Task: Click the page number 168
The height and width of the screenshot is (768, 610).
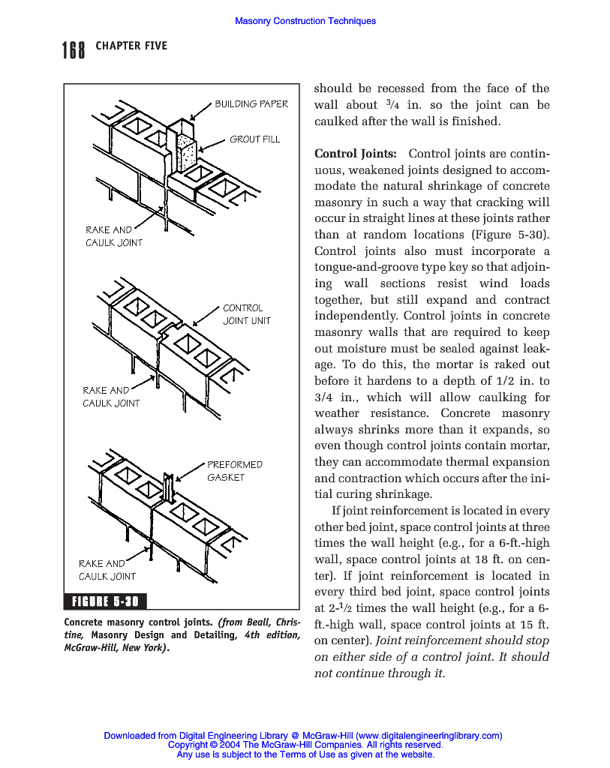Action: (x=74, y=50)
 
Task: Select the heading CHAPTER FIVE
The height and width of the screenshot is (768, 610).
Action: (x=131, y=46)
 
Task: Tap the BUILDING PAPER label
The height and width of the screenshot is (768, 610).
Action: (x=251, y=104)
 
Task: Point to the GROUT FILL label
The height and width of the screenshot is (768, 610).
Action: (x=254, y=139)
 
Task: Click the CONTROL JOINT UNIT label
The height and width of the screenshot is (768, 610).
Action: (x=246, y=314)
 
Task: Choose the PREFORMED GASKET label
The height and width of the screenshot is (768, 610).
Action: (x=234, y=471)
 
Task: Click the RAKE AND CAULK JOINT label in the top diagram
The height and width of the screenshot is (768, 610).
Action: (x=113, y=236)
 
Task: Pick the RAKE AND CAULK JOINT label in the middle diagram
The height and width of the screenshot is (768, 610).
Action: (x=111, y=397)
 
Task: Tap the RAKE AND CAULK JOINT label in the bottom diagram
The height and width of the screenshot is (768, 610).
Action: (x=107, y=570)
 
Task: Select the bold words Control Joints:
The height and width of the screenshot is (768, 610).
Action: (x=355, y=154)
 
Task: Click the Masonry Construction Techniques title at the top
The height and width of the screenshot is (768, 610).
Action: (x=305, y=21)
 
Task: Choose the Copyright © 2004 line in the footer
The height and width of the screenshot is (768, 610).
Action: (x=305, y=745)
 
